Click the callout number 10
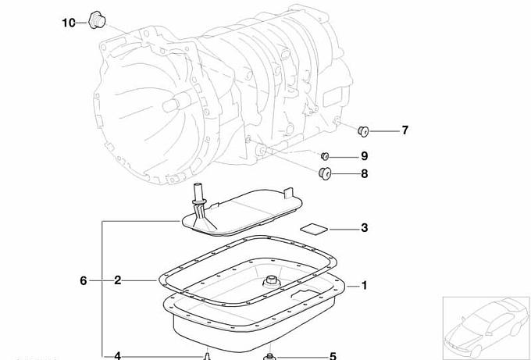[x=69, y=23]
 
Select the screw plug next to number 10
[x=97, y=20]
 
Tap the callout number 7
[x=405, y=130]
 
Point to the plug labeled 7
[x=363, y=131]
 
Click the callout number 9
[x=365, y=156]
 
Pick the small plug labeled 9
[x=325, y=155]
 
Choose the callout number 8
[x=365, y=173]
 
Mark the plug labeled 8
[x=325, y=173]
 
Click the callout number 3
[x=365, y=227]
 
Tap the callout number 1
[x=365, y=286]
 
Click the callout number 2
[x=117, y=280]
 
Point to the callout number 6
[x=84, y=280]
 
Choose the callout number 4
[x=117, y=355]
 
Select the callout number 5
[x=333, y=356]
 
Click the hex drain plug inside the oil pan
[x=271, y=282]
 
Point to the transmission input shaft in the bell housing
[x=176, y=102]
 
